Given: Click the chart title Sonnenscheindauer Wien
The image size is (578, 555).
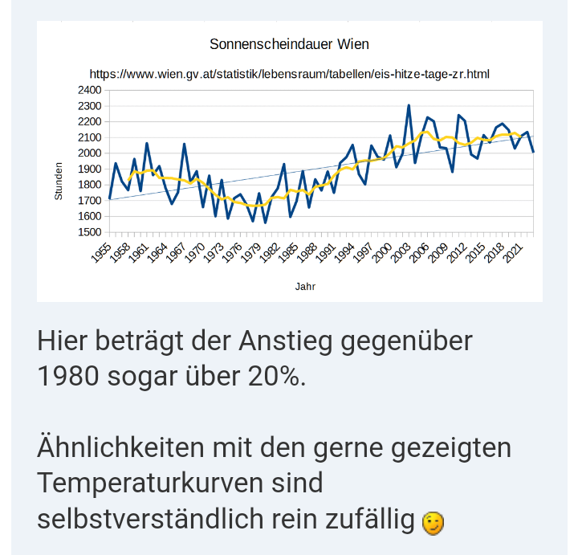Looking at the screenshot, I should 289,43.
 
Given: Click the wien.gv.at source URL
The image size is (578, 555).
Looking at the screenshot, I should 289,74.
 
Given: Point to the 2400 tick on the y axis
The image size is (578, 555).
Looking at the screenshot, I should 89,90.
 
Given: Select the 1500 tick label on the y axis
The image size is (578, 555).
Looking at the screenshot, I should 89,232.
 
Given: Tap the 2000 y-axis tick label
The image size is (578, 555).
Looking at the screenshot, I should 89,153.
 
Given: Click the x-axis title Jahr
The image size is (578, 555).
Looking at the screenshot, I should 305,285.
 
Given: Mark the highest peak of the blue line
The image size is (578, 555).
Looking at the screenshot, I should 409,105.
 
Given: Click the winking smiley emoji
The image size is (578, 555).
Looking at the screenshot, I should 432,523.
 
